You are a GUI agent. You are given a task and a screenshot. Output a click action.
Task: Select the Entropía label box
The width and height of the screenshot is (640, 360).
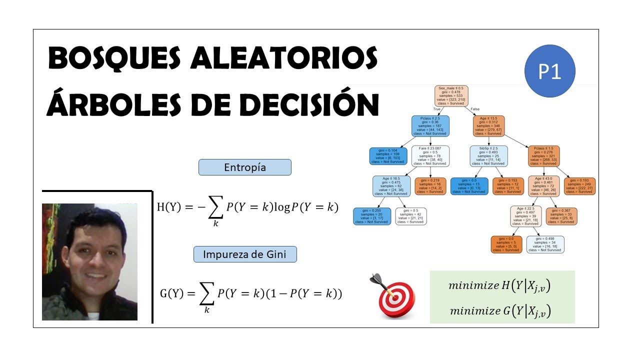pyautogui.click(x=244, y=167)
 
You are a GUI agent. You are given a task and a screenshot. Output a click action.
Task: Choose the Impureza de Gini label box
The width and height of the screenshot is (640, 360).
pyautogui.click(x=244, y=254)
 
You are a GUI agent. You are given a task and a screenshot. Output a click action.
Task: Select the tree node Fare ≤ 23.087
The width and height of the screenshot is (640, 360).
pyautogui.click(x=430, y=156)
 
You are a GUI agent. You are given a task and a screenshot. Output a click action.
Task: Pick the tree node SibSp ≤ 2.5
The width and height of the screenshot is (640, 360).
pyautogui.click(x=488, y=156)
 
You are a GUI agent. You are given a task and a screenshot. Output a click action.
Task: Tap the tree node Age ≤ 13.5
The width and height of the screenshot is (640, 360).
pyautogui.click(x=488, y=126)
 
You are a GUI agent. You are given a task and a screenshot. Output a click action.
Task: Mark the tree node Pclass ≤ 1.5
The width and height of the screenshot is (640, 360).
pyautogui.click(x=544, y=156)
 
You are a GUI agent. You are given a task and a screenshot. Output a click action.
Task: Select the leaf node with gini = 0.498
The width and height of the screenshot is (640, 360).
pyautogui.click(x=545, y=244)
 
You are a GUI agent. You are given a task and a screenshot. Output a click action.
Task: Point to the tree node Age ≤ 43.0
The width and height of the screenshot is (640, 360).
pyautogui.click(x=544, y=185)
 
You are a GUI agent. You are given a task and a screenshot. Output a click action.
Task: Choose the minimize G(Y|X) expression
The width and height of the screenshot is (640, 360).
pyautogui.click(x=502, y=310)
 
